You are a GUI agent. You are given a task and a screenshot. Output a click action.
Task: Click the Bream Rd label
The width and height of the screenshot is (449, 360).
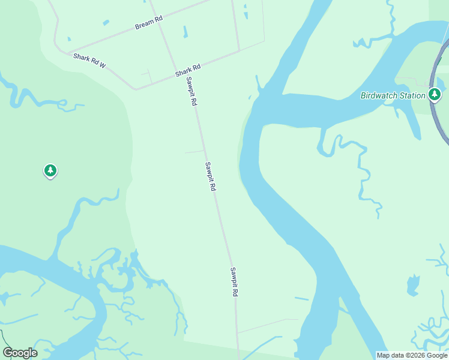point(149,23)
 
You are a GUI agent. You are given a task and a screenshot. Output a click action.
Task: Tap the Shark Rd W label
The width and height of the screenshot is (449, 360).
point(89,60)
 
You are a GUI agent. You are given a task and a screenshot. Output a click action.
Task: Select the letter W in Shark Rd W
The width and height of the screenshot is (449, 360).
point(103,65)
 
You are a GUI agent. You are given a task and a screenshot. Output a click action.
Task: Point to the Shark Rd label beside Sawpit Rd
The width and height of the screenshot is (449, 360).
point(187,71)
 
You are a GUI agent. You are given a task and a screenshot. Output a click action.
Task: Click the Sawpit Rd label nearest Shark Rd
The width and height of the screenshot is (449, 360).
point(191,92)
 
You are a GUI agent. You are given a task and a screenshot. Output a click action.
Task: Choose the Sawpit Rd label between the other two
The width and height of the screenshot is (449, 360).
point(210,176)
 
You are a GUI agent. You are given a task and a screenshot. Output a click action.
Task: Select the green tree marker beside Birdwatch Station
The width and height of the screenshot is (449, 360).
point(435,94)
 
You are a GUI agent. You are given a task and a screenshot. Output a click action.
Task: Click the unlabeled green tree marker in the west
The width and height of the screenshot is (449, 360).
point(50,171)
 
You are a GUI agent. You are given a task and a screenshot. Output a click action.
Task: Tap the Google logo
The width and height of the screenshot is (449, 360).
point(20,353)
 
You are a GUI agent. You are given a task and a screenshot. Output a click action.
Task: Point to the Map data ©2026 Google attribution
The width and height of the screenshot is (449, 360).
point(412,355)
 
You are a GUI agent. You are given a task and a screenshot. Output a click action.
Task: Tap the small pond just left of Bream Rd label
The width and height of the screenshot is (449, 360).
point(106,23)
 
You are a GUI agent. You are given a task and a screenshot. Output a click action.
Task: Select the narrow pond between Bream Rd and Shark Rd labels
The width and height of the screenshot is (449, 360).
point(185,32)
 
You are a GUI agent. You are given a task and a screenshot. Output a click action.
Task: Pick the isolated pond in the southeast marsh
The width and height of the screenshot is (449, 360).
point(412,284)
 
